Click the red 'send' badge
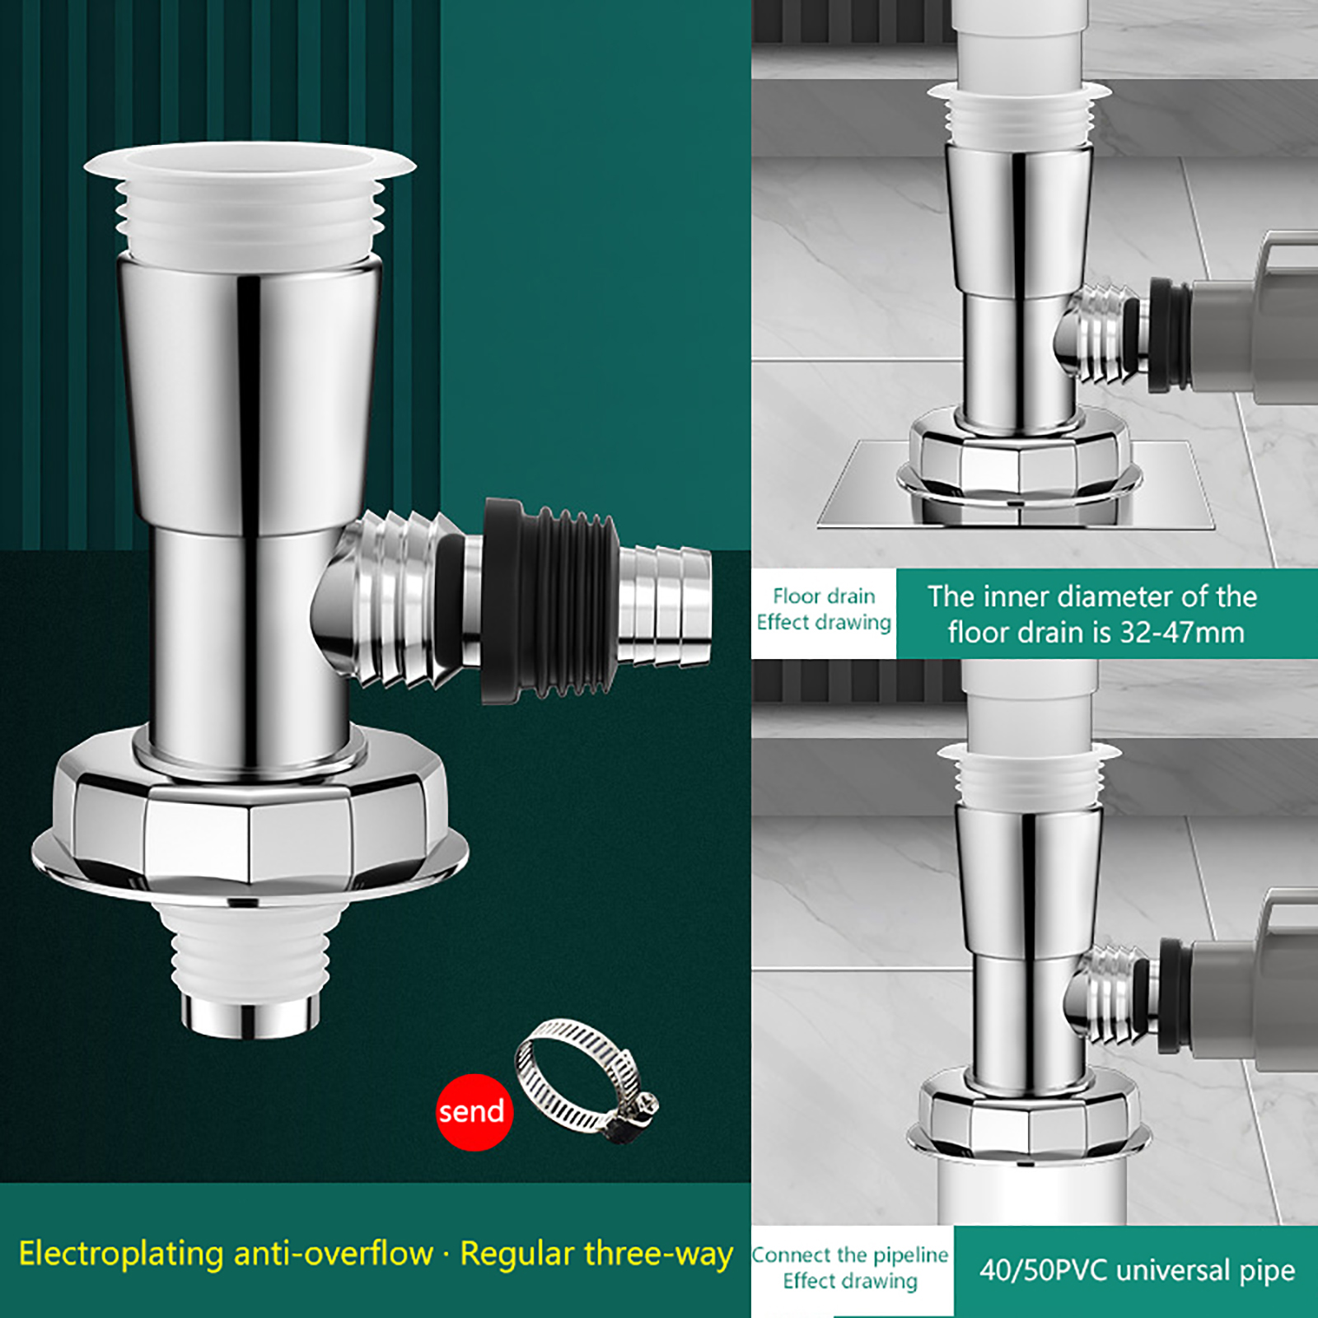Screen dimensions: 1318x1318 tap(474, 1112)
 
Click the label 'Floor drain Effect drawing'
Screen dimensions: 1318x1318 tap(824, 610)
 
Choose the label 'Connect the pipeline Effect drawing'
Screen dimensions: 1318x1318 tap(850, 1268)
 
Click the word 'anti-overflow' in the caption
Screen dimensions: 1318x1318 tap(334, 1254)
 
